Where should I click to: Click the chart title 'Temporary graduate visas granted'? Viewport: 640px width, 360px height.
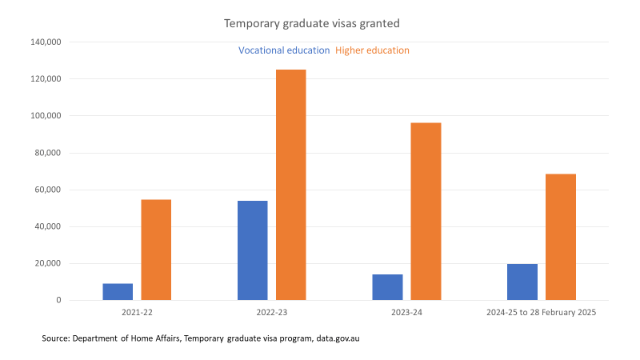point(311,24)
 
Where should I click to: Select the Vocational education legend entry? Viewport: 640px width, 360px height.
point(284,50)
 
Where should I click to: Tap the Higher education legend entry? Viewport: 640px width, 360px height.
point(372,50)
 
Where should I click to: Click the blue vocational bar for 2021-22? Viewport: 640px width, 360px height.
point(118,292)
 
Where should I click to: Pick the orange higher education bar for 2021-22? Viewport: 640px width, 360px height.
point(156,250)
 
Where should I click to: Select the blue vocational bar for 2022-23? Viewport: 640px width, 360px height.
point(253,250)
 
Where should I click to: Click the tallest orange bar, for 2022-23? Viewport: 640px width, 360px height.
point(291,185)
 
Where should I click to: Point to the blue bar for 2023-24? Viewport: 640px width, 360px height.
point(388,287)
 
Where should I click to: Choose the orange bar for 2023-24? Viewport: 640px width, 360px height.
point(426,211)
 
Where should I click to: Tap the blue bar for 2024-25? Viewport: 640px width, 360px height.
point(522,282)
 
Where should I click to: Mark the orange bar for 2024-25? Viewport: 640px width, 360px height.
point(561,237)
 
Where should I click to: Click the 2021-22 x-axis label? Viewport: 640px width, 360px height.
point(138,313)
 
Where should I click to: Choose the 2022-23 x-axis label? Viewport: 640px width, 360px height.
point(272,313)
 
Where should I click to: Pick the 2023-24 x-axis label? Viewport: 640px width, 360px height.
point(407,313)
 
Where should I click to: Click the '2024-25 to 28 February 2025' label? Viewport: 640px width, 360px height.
point(542,313)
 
